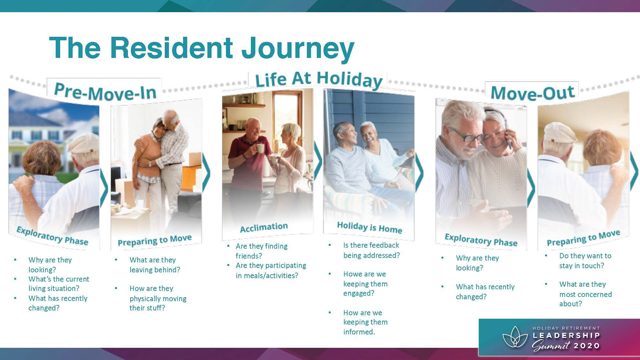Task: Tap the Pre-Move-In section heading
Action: [x=105, y=91]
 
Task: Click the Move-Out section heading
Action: [x=533, y=92]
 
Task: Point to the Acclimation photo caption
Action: [x=264, y=227]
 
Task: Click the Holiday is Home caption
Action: [x=369, y=227]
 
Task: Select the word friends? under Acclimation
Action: [x=249, y=256]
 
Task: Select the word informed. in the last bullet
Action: [x=359, y=332]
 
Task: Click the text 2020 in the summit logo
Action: [x=587, y=346]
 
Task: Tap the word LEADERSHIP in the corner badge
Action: [x=566, y=335]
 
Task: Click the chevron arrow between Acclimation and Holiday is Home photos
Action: [x=318, y=162]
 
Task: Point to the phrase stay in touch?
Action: [x=582, y=266]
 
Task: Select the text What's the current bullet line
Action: [x=59, y=279]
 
